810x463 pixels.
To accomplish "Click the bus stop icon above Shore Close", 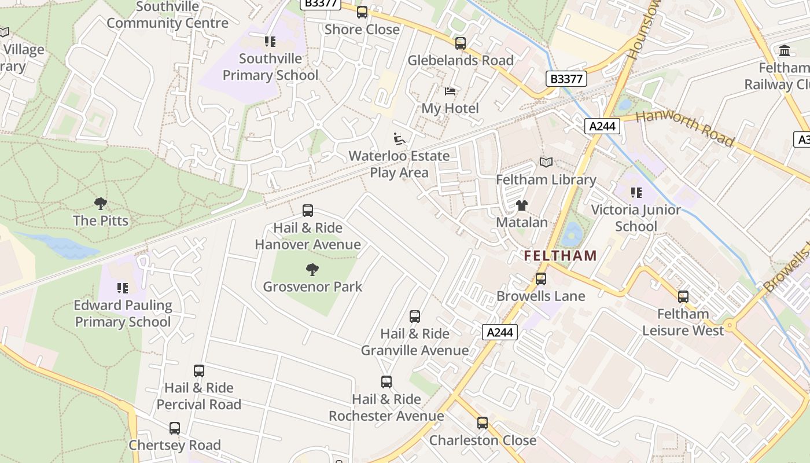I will coord(362,12).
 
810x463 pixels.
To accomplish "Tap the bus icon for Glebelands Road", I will coord(461,43).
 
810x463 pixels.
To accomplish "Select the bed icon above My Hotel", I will coord(450,91).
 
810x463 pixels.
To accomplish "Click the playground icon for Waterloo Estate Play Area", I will coord(399,139).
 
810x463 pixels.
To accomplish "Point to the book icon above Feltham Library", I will coord(546,163).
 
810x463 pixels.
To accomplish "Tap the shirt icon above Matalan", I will coord(522,205).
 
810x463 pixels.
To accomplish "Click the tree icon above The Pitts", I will coord(101,204).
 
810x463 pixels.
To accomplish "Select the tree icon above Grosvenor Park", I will coord(312,269).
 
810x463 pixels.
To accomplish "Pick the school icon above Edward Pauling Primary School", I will coord(122,288).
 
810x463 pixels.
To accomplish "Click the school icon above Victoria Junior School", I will coord(636,193).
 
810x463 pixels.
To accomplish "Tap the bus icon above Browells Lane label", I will coord(541,279).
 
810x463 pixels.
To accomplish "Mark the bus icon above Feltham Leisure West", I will coord(683,297).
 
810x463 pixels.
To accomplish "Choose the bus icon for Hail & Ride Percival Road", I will coord(199,371).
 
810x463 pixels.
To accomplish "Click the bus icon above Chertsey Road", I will coord(175,428).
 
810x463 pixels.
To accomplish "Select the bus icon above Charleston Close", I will coord(483,423).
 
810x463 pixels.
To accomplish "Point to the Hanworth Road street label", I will coord(685,128).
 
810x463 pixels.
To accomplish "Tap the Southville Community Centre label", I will coord(168,16).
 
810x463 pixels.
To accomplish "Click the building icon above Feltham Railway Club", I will coord(785,51).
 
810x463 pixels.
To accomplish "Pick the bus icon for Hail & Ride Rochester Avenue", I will coord(386,382).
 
